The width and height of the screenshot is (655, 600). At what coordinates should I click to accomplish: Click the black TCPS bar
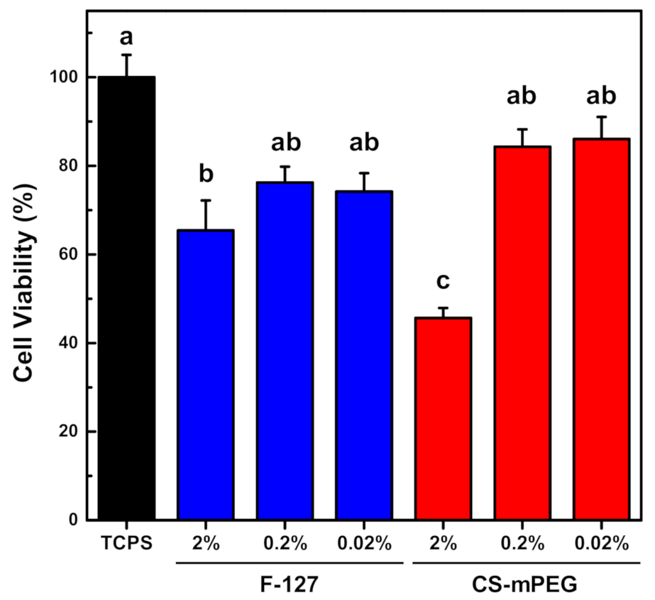[x=126, y=298]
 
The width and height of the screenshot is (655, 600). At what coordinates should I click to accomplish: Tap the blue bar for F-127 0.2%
[x=285, y=351]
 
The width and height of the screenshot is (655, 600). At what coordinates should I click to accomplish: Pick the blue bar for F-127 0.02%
[x=364, y=355]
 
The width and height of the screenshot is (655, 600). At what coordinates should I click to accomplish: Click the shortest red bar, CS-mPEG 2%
[x=444, y=419]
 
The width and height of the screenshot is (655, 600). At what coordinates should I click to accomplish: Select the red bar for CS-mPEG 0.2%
[x=523, y=334]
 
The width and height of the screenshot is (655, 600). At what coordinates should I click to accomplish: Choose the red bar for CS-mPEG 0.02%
[x=602, y=330]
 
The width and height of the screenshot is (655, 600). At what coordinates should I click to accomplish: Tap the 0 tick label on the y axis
[x=73, y=520]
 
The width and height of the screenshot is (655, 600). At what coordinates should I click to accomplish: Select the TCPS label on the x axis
[x=126, y=544]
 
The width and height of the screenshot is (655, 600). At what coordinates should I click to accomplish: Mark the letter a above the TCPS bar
[x=126, y=37]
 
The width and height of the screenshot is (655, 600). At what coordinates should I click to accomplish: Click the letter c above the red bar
[x=444, y=282]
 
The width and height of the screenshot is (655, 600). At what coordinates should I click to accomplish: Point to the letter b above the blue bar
[x=206, y=174]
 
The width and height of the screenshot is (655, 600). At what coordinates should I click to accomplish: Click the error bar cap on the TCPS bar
[x=126, y=55]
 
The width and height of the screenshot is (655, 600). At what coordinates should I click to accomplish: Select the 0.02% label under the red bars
[x=602, y=544]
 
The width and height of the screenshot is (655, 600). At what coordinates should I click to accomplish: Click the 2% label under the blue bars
[x=206, y=544]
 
